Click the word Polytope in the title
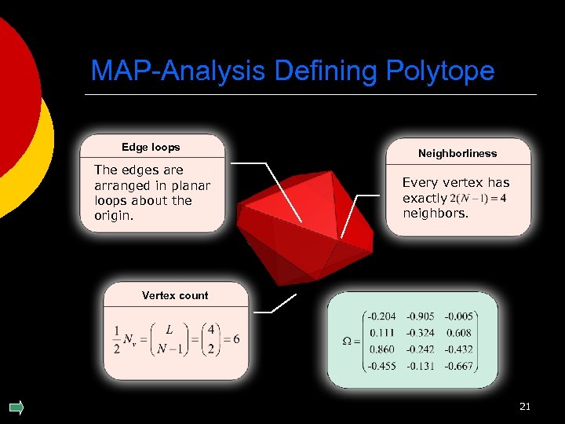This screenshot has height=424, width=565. [440, 71]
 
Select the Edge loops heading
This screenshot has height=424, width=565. [151, 147]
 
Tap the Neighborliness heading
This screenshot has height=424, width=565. [457, 153]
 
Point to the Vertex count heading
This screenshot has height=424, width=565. [175, 295]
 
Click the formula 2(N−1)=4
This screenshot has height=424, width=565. [479, 198]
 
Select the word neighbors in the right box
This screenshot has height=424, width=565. [436, 213]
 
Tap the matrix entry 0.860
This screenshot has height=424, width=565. [381, 349]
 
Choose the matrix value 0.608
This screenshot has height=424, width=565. [461, 333]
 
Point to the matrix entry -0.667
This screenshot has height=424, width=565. [459, 365]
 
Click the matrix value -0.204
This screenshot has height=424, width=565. [381, 316]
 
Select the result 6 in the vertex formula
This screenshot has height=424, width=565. [235, 339]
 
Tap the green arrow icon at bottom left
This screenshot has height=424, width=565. [16, 407]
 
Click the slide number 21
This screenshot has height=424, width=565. [525, 406]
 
